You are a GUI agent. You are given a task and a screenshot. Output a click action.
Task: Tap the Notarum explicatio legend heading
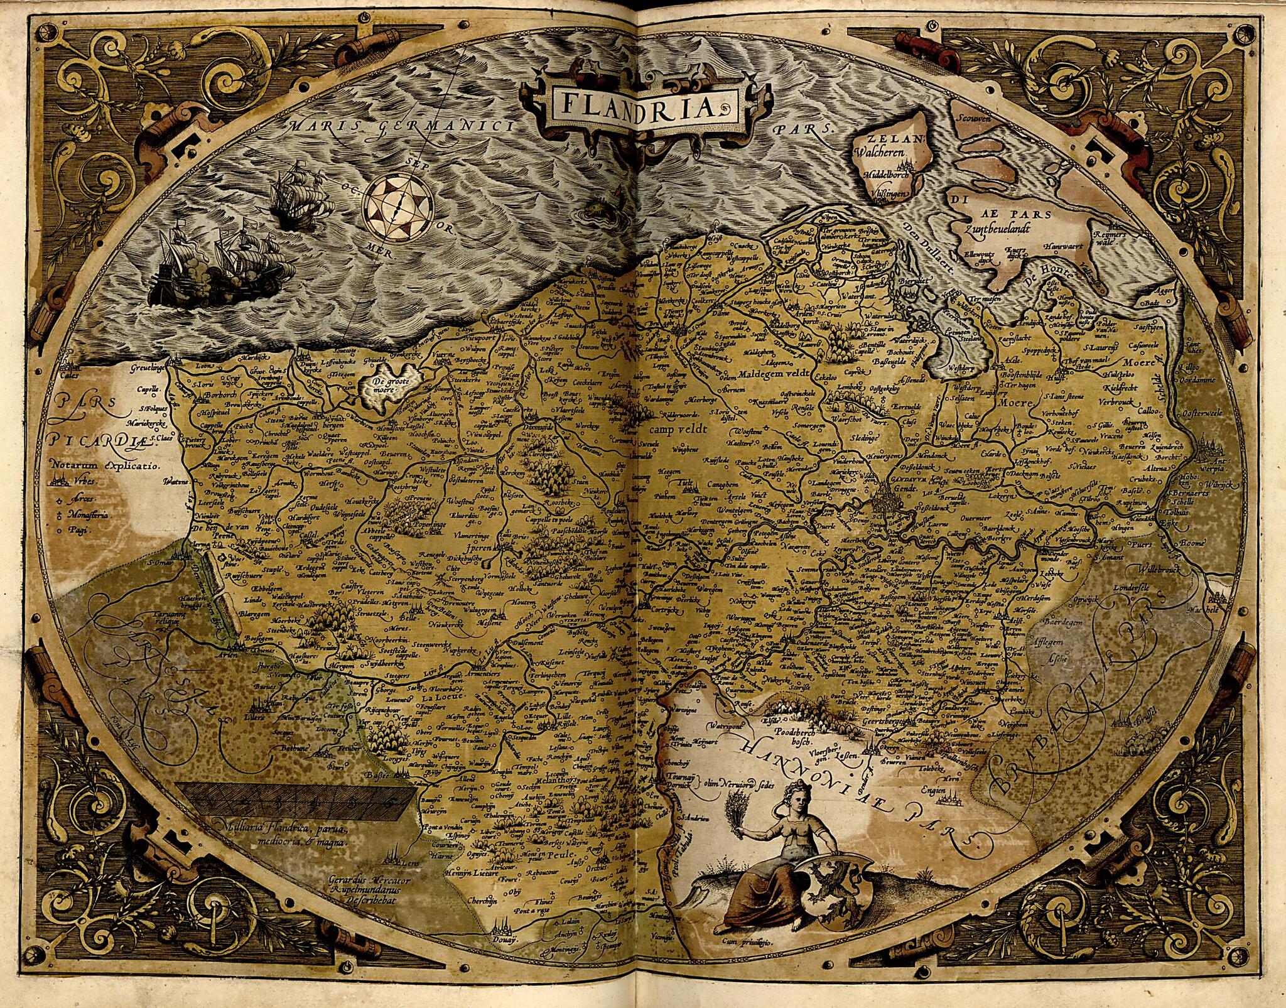(105, 466)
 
